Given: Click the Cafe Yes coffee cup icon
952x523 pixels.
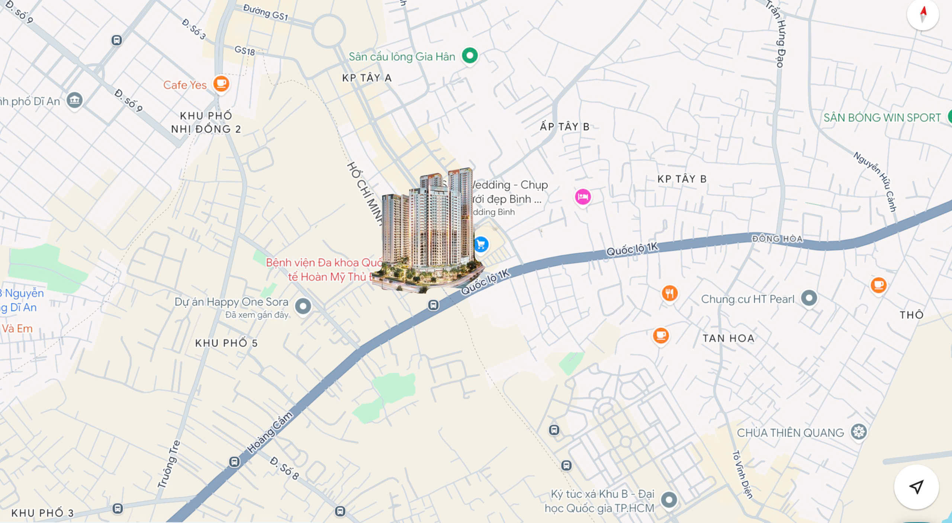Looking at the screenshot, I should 221,84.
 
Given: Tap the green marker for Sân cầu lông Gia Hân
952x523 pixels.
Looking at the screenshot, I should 470,56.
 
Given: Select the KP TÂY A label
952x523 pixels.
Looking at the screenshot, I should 367,78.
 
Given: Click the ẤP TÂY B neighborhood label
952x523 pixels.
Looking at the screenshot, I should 565,127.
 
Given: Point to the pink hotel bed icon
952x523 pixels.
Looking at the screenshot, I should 583,196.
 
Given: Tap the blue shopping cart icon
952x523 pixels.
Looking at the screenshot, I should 481,245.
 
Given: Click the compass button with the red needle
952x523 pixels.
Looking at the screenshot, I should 923,15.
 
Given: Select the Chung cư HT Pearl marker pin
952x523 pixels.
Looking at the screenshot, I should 809,298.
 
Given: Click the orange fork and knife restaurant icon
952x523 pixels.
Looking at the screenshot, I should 669,293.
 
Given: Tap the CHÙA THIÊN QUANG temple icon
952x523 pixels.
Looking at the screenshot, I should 859,432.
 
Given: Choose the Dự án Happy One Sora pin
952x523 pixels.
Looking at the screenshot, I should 303,306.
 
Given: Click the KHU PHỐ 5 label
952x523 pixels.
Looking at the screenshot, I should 226,343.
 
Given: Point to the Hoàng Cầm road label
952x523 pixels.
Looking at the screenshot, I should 270,433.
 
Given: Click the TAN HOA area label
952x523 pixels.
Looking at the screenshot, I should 728,338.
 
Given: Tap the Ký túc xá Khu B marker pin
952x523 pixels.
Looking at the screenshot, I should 669,500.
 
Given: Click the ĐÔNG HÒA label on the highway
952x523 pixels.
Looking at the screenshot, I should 777,239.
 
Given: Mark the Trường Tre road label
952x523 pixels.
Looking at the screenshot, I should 169,464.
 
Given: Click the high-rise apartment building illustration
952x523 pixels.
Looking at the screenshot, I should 428,230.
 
